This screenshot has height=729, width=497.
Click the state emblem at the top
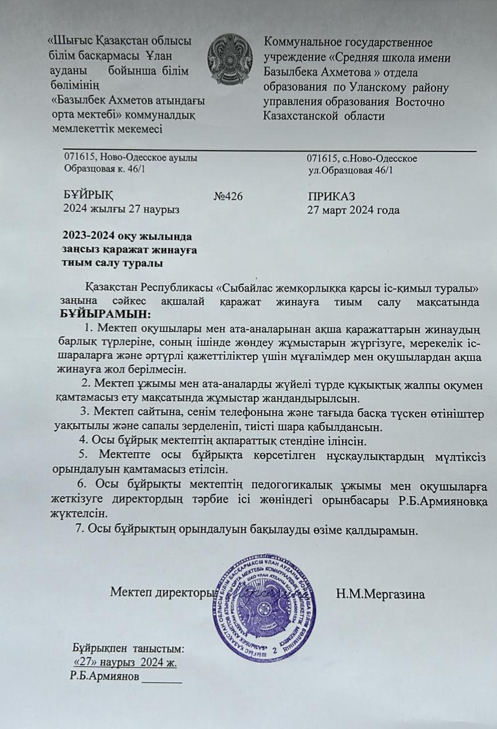[230, 59]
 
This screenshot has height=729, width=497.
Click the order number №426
[228, 196]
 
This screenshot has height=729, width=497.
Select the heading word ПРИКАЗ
[331, 196]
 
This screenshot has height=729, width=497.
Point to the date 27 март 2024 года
[353, 210]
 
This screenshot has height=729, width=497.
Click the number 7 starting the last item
[79, 528]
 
